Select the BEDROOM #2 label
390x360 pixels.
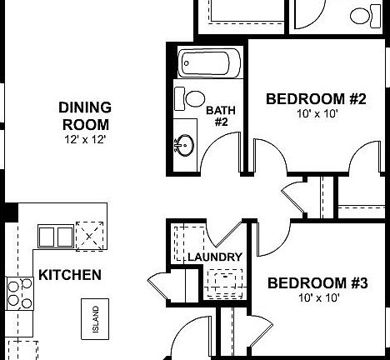pyautogui.click(x=316, y=99)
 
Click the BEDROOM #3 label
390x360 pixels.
pyautogui.click(x=317, y=283)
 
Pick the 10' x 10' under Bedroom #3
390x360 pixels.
pyautogui.click(x=317, y=297)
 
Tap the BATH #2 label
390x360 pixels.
pyautogui.click(x=217, y=116)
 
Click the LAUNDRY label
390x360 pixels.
pyautogui.click(x=214, y=257)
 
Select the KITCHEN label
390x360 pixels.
pyautogui.click(x=70, y=274)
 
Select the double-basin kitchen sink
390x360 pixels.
pyautogui.click(x=54, y=236)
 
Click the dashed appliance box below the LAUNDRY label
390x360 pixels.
pyautogui.click(x=220, y=283)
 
